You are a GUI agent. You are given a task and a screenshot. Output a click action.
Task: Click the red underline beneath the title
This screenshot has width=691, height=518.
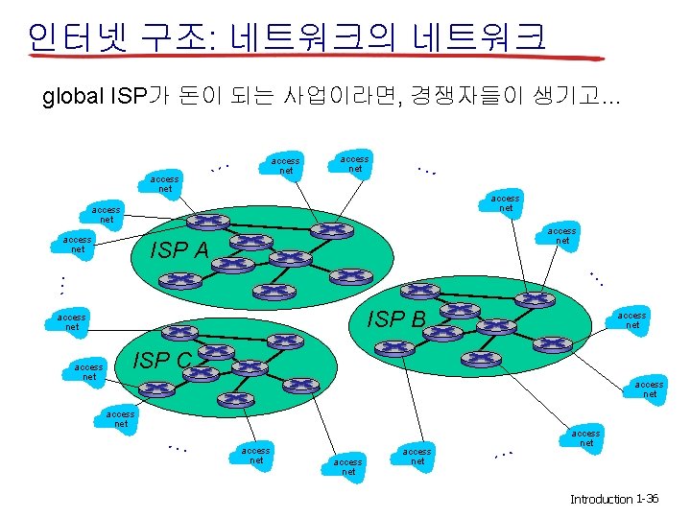tap(288, 57)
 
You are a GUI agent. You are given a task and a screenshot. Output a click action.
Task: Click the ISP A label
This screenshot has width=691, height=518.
tap(181, 251)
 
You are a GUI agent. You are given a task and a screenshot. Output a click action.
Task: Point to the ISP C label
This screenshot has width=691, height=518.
tap(162, 361)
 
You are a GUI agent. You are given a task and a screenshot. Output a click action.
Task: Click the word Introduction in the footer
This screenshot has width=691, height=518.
tap(601, 500)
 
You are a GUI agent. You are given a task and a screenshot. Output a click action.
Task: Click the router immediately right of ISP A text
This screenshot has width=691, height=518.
tap(250, 244)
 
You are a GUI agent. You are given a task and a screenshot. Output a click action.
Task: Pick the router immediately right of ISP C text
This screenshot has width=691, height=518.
tap(208, 355)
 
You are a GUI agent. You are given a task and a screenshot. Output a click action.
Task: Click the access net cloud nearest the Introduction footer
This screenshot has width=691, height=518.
tap(586, 438)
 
